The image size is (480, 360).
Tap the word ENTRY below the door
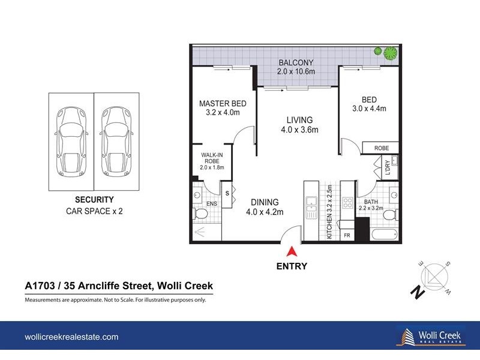click(x=292, y=266)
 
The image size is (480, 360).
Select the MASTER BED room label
click(x=223, y=103)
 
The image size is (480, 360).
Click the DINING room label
click(x=265, y=202)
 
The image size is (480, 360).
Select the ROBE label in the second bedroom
click(x=382, y=148)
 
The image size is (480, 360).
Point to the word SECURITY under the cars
click(x=94, y=200)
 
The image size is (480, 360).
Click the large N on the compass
click(x=415, y=292)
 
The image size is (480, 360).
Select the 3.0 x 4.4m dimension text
click(x=369, y=109)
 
